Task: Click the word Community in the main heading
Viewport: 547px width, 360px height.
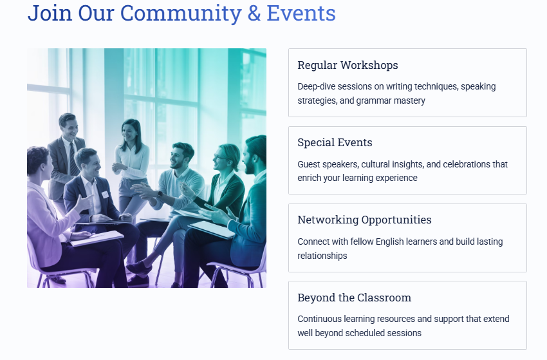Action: [181, 13]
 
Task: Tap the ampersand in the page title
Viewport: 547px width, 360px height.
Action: [254, 13]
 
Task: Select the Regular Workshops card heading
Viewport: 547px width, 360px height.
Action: [348, 65]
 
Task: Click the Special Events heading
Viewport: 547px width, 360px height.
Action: [335, 142]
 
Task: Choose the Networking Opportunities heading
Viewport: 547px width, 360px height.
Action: [364, 220]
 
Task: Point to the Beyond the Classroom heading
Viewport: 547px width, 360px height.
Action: [355, 298]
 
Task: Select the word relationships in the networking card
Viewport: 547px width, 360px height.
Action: [322, 256]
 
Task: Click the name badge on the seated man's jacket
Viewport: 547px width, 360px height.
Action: [105, 194]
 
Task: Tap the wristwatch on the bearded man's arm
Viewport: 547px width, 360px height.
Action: [160, 194]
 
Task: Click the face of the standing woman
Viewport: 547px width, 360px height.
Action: [129, 132]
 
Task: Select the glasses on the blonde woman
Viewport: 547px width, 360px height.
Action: [219, 157]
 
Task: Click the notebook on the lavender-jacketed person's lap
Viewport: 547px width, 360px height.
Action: [97, 238]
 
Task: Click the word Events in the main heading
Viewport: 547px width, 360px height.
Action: [301, 13]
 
